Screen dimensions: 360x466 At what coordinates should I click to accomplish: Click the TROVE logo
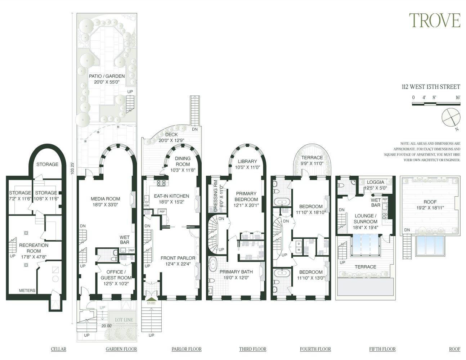point(434,21)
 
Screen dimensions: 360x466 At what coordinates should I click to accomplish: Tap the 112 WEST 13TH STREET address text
point(431,87)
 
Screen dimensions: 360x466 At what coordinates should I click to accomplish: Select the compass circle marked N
point(451,117)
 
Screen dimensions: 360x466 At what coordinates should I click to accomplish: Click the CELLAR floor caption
point(58,349)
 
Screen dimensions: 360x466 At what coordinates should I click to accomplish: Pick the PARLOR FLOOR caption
point(186,349)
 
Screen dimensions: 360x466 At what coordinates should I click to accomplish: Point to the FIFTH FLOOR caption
point(382,349)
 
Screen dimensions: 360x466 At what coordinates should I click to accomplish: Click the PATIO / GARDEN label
point(107,76)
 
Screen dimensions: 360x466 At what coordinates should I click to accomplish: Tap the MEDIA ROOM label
point(105,199)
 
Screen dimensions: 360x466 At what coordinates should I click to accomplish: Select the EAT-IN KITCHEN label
point(171,196)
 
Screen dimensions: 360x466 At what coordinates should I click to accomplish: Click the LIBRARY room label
point(247,161)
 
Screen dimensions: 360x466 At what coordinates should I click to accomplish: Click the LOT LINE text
point(124,320)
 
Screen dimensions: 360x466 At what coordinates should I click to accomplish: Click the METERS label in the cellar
point(27,290)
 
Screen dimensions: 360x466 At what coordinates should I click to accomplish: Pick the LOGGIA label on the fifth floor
point(375,182)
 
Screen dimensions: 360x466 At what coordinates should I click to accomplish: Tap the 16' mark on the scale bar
point(457,98)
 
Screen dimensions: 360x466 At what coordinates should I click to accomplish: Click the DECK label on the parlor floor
point(171,135)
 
